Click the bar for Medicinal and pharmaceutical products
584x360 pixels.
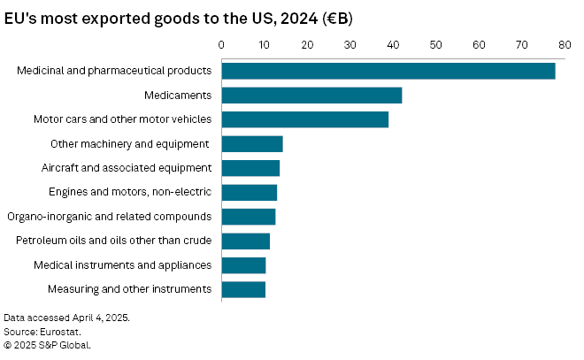[x=388, y=71]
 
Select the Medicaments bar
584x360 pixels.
[x=311, y=96]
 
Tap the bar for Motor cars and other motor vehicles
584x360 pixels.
[x=304, y=119]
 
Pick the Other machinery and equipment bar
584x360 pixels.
[x=251, y=144]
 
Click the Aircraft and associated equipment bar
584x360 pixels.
[x=250, y=168]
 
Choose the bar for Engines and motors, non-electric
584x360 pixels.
[x=249, y=192]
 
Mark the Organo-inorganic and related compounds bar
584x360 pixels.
[x=248, y=217]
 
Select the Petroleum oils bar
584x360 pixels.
[x=245, y=241]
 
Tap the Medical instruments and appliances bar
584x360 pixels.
[x=243, y=264]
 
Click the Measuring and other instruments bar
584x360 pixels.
[x=243, y=289]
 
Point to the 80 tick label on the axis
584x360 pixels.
[x=565, y=43]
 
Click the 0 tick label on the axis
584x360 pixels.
[x=221, y=43]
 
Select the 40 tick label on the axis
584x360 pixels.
[x=393, y=43]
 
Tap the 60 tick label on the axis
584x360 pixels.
[x=479, y=43]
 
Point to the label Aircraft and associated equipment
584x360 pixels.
[x=126, y=168]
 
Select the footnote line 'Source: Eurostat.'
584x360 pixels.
[x=42, y=331]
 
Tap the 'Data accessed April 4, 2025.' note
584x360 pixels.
[x=66, y=317]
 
